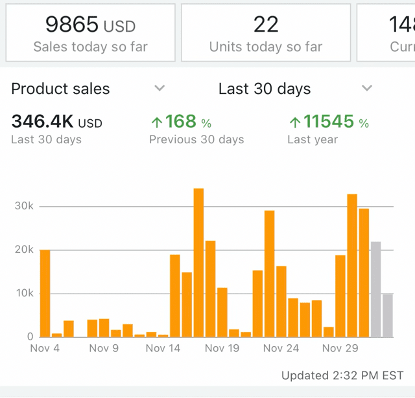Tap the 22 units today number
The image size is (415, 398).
click(x=266, y=25)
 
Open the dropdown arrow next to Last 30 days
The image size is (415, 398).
click(x=367, y=88)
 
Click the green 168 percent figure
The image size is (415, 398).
click(x=180, y=122)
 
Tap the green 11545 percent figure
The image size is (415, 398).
click(x=328, y=122)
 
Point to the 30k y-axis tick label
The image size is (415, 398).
click(x=24, y=206)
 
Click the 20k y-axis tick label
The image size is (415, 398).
click(x=24, y=250)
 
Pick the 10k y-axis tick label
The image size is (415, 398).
click(x=24, y=293)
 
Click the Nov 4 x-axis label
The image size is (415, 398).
click(x=45, y=349)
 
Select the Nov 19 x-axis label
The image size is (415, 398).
click(x=222, y=349)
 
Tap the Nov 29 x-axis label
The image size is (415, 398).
click(x=340, y=349)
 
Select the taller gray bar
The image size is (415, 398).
click(x=375, y=289)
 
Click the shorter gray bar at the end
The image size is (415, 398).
click(x=388, y=315)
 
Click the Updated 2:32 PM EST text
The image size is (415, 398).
click(x=342, y=376)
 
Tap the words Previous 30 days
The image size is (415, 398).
click(x=196, y=139)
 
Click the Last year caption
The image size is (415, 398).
click(x=313, y=139)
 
